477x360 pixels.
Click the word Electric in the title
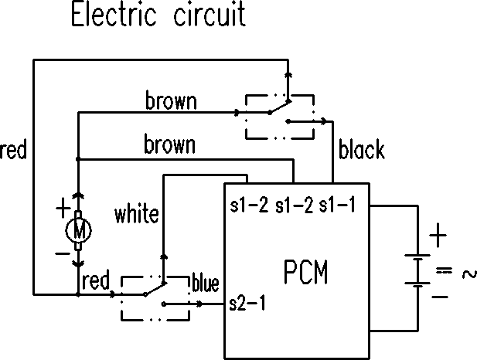click(114, 14)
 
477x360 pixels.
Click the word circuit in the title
click(210, 14)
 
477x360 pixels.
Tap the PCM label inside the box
click(305, 272)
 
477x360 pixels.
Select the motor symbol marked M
click(79, 230)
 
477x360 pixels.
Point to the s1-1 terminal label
click(337, 205)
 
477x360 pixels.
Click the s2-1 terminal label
click(247, 303)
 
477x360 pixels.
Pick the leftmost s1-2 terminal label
click(249, 205)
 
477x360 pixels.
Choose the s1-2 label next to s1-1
click(294, 205)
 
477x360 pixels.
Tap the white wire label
click(137, 214)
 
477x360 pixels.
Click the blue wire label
click(206, 283)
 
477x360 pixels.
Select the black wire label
click(361, 149)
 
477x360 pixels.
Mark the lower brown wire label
click(169, 144)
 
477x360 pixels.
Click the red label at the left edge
click(13, 149)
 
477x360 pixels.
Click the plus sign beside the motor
click(63, 209)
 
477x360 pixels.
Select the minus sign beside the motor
click(63, 253)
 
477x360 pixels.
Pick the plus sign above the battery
click(438, 236)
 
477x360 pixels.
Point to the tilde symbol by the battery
click(469, 274)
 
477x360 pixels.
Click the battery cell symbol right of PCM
click(417, 269)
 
